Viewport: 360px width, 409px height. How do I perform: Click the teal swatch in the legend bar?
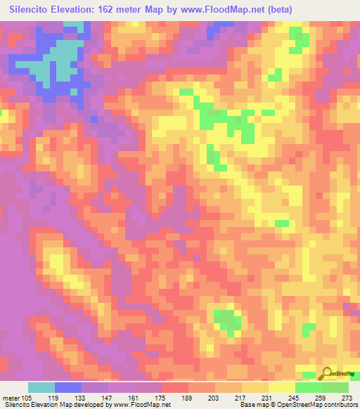point(41,387)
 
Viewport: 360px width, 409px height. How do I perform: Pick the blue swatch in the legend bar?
point(68,387)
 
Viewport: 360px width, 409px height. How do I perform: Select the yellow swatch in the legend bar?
point(281,387)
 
